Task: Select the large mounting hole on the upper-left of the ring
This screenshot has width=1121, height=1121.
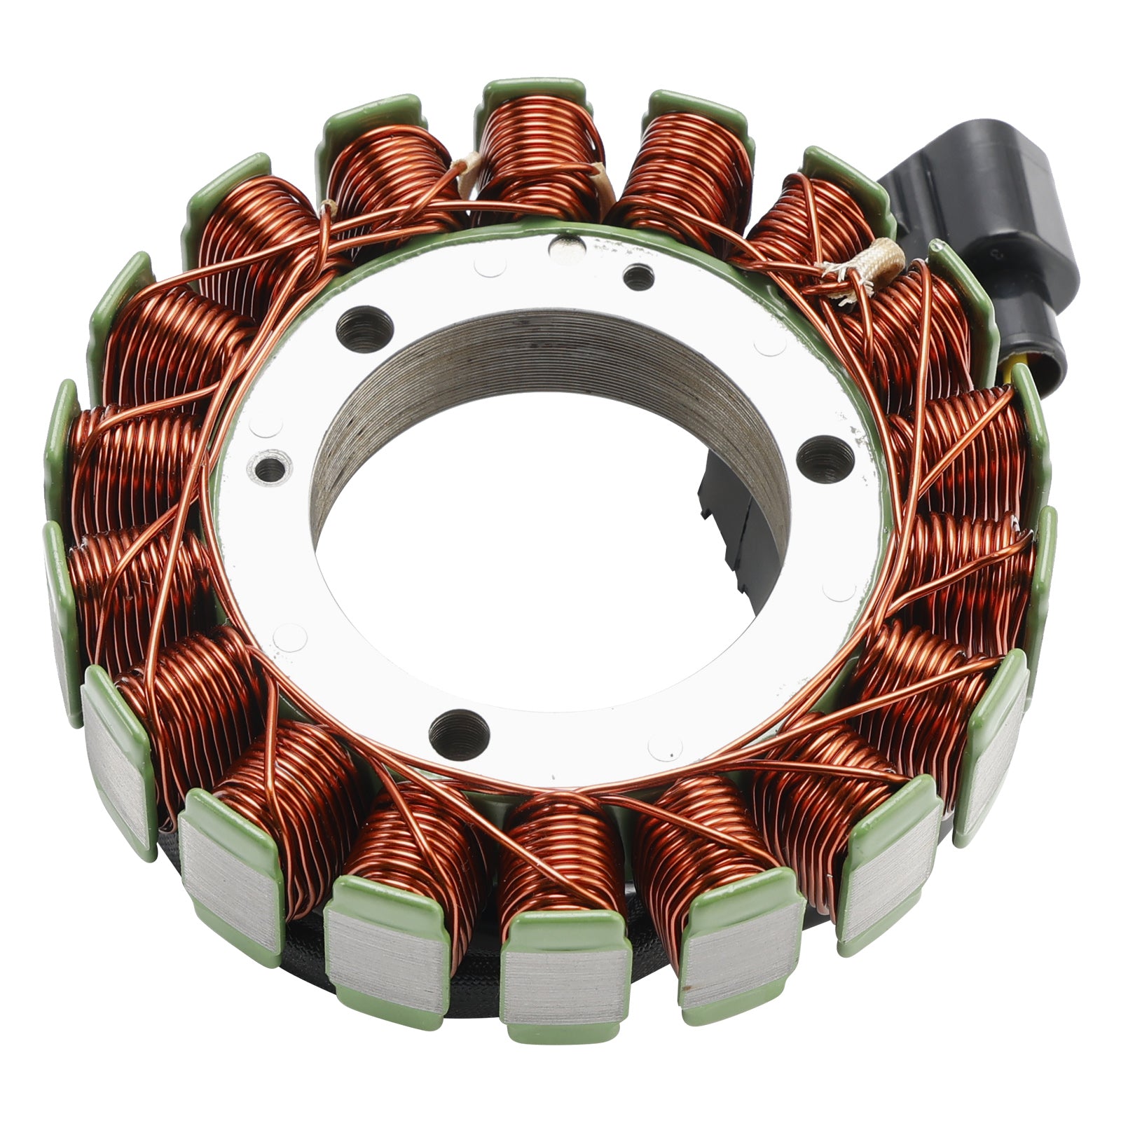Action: [x=364, y=329]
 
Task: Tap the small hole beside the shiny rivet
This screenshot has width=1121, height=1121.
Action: [x=638, y=277]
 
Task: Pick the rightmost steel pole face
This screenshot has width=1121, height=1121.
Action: [x=995, y=750]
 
